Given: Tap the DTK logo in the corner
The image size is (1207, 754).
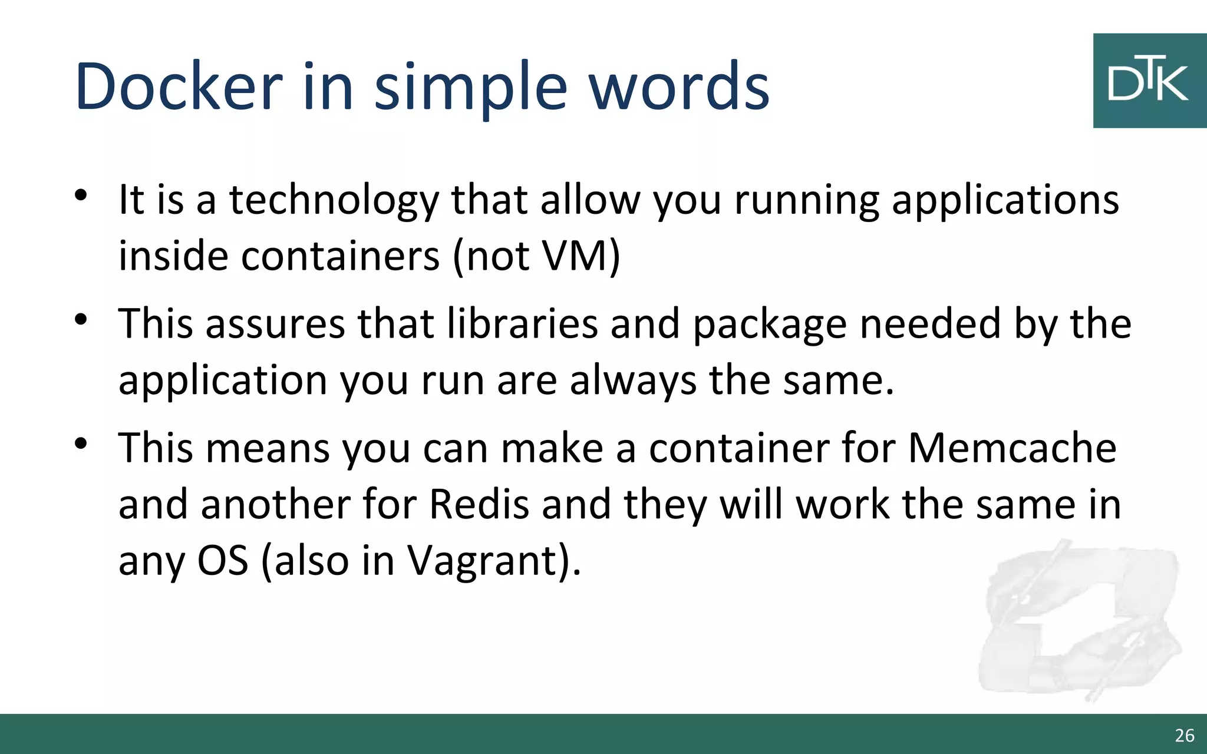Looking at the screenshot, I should pyautogui.click(x=1149, y=81).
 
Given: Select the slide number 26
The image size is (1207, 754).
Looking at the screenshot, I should pyautogui.click(x=1184, y=735).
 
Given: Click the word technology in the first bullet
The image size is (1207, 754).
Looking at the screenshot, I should pyautogui.click(x=334, y=200).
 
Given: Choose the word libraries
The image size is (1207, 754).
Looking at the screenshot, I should pyautogui.click(x=522, y=323).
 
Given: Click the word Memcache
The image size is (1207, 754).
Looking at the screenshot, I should pyautogui.click(x=1012, y=448).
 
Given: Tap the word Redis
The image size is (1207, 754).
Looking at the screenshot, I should pyautogui.click(x=479, y=504).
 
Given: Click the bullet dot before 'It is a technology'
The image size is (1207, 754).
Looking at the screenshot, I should pyautogui.click(x=81, y=195).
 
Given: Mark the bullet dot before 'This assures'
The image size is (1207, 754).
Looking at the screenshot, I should pyautogui.click(x=81, y=319).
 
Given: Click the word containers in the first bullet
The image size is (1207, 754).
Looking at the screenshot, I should pyautogui.click(x=340, y=256).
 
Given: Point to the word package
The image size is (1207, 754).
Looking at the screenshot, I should pyautogui.click(x=769, y=325).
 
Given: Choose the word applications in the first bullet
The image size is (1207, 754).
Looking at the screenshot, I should pyautogui.click(x=1005, y=200).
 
